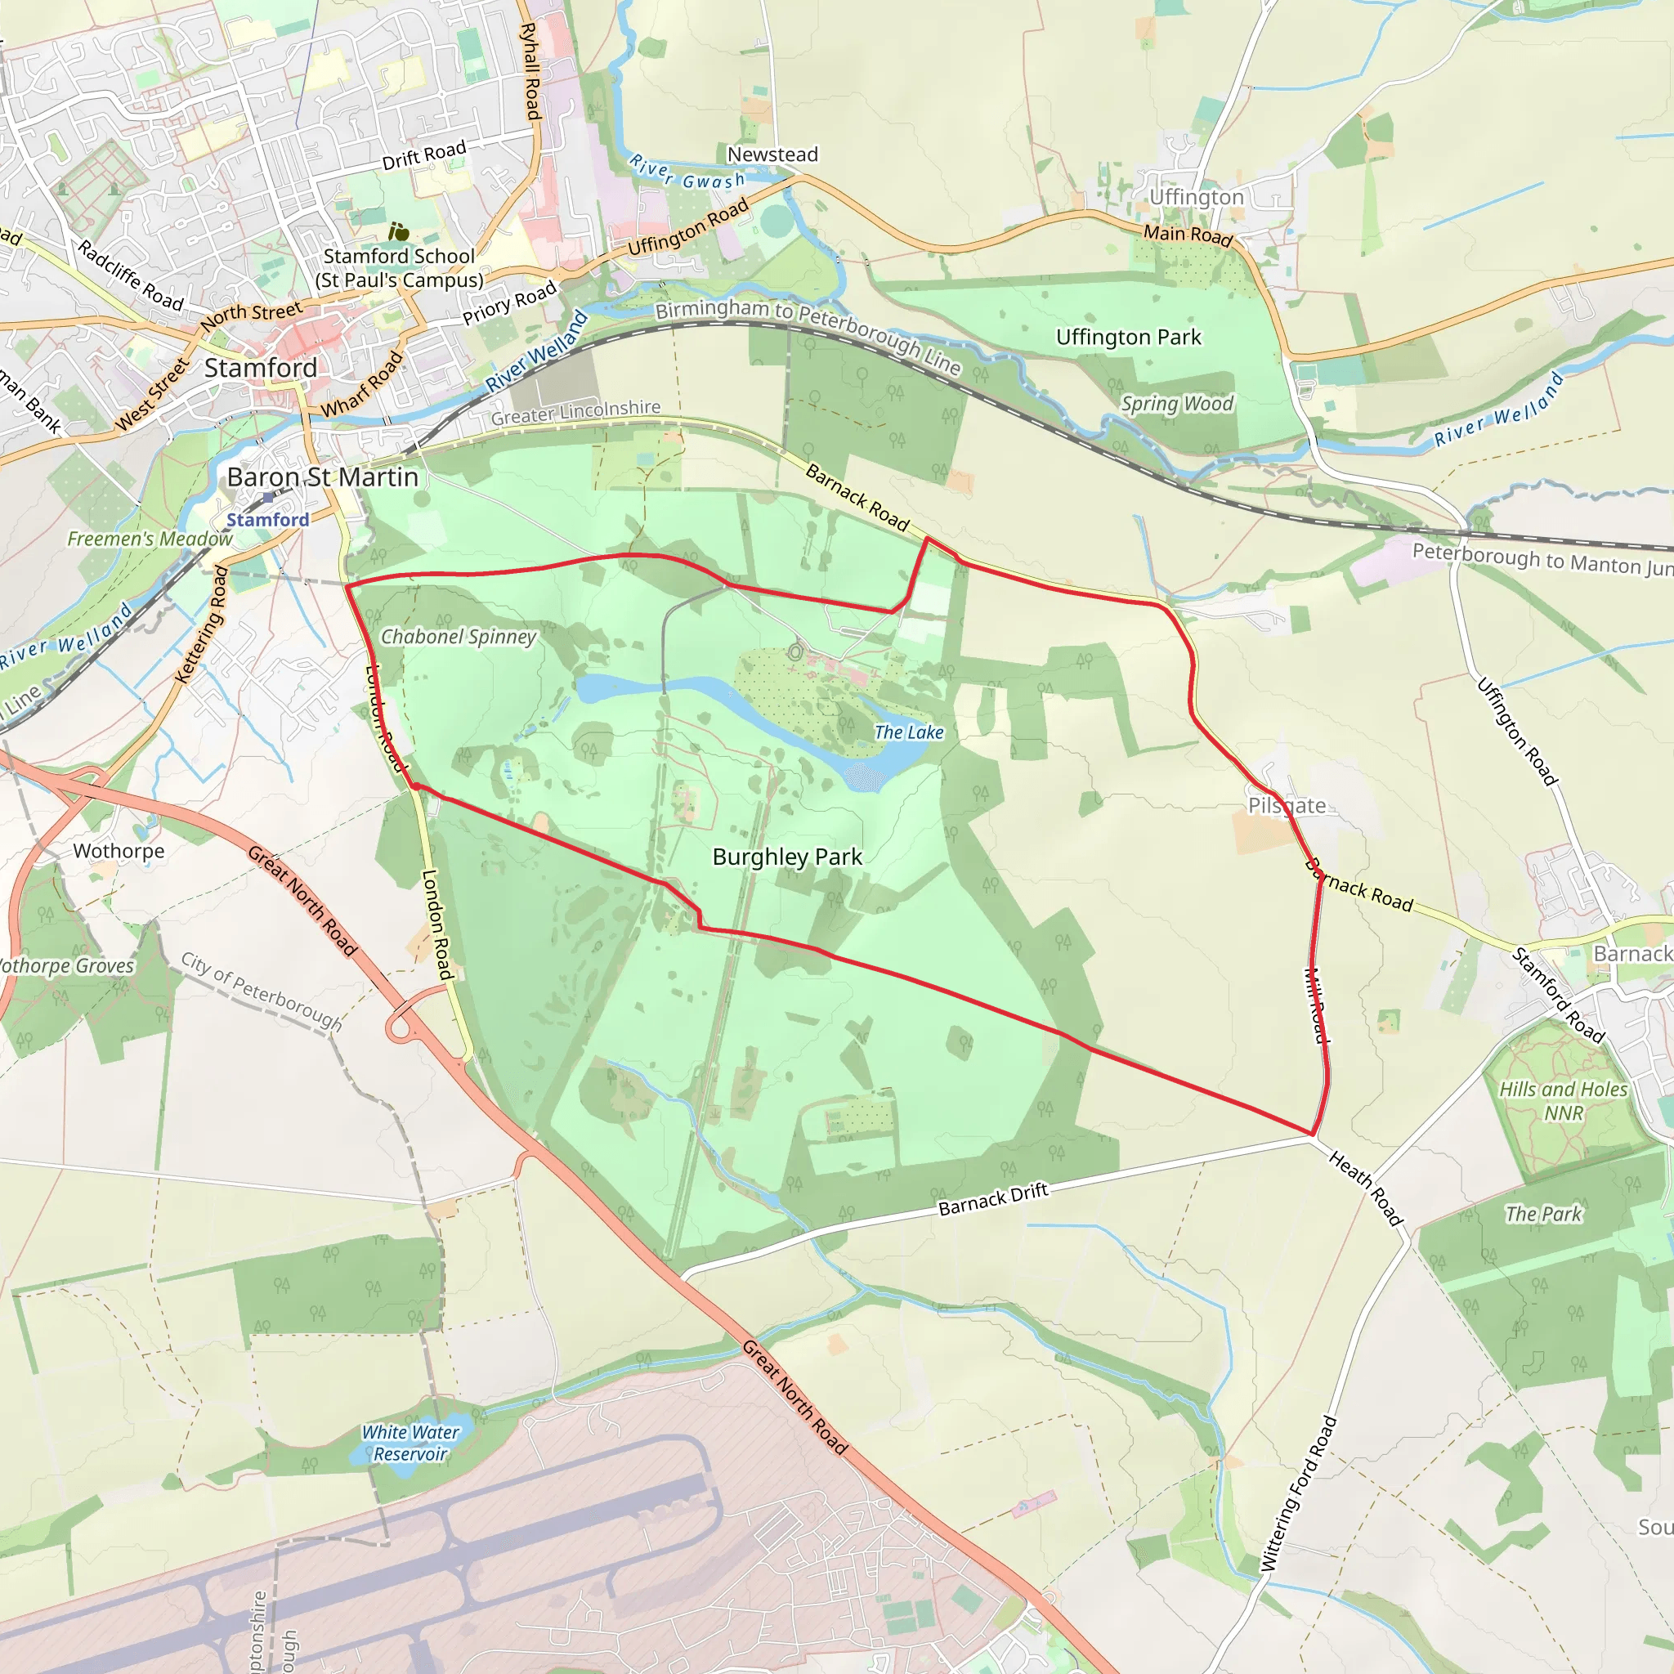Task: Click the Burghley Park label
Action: [x=787, y=857]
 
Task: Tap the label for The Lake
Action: [x=908, y=732]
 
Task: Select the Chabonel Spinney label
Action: [x=459, y=637]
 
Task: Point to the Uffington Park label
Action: [x=1128, y=337]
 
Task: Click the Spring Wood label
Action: [x=1177, y=404]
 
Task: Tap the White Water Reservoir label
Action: [x=410, y=1443]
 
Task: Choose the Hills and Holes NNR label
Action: [x=1563, y=1100]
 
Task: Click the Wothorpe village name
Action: [x=119, y=851]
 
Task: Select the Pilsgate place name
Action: [x=1286, y=805]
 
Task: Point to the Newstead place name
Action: [x=772, y=154]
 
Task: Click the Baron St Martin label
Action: [x=322, y=477]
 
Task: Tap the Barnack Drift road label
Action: [x=993, y=1199]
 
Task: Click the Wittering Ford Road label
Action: [x=1298, y=1494]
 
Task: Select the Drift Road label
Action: [x=423, y=156]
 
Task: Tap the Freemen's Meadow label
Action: [x=150, y=539]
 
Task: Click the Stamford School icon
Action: [x=399, y=231]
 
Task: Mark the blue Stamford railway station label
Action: [x=268, y=520]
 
